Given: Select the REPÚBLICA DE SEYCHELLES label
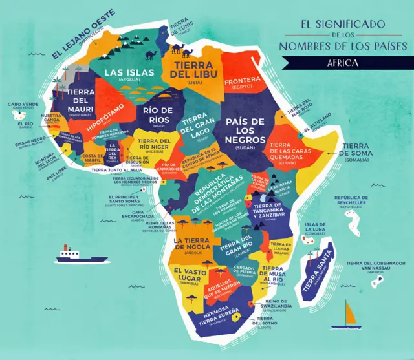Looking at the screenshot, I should [355, 200].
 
